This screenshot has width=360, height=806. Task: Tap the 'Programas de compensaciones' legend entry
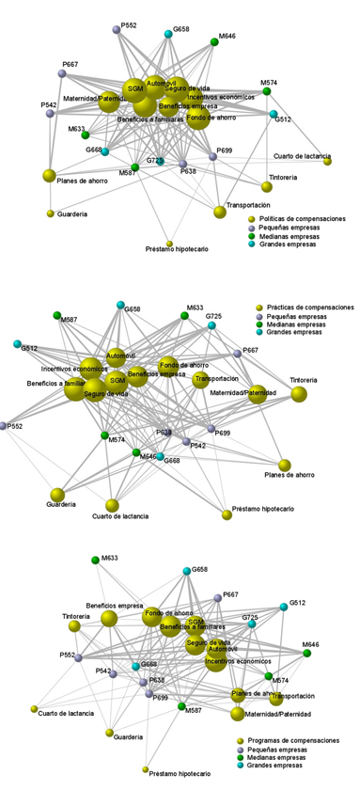tap(291, 741)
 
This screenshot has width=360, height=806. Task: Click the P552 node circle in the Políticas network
tap(116, 31)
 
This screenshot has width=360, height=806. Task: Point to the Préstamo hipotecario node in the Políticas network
tap(169, 243)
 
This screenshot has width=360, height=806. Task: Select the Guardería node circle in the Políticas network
tap(51, 213)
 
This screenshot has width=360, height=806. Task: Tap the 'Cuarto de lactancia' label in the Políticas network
tap(301, 155)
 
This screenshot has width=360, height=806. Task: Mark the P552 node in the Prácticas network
tap(5, 426)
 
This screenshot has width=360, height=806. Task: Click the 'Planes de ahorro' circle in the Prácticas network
tap(285, 466)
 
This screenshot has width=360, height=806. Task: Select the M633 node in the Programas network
tap(95, 561)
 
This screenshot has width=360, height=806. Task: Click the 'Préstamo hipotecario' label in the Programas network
tap(180, 774)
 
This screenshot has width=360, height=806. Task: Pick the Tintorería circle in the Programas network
tap(74, 625)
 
